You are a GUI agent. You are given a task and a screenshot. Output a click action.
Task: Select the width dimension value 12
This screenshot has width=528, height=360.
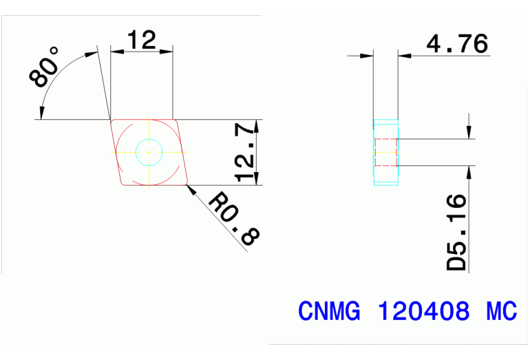[x=140, y=40]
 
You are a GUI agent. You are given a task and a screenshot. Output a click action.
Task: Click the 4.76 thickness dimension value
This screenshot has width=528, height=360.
[x=457, y=44]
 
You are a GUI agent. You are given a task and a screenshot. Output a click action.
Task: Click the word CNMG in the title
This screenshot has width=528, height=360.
[x=329, y=311]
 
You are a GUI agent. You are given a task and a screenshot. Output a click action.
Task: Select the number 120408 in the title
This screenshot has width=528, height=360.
[x=423, y=311]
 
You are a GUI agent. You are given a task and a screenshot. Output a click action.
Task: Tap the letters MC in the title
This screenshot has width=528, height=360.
[x=501, y=311]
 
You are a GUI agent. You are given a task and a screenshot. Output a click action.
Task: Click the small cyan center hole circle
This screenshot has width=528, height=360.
[x=148, y=151]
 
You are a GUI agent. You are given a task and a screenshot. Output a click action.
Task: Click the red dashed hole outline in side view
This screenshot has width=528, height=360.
[x=386, y=152]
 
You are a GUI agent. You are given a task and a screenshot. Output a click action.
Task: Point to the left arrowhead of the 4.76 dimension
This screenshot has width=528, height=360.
[x=368, y=56]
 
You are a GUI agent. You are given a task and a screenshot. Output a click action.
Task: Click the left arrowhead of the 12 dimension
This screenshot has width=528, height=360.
[x=115, y=50]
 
